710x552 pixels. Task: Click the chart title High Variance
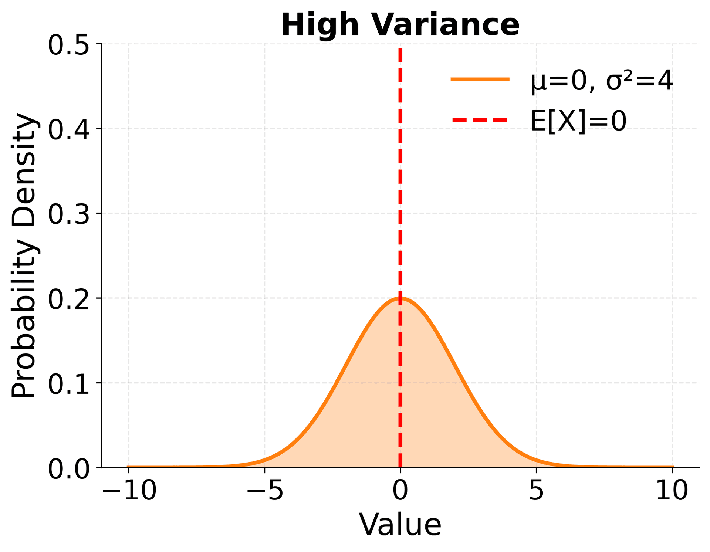pyautogui.click(x=400, y=25)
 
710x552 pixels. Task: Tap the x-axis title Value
pyautogui.click(x=400, y=525)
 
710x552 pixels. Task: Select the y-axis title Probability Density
pyautogui.click(x=24, y=255)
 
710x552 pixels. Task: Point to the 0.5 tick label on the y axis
pyautogui.click(x=69, y=45)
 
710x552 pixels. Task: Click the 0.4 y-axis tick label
pyautogui.click(x=69, y=129)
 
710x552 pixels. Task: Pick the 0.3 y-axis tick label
pyautogui.click(x=69, y=214)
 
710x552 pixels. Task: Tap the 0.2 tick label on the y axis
pyautogui.click(x=69, y=299)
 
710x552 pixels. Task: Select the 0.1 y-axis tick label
pyautogui.click(x=69, y=383)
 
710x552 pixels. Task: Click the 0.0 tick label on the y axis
pyautogui.click(x=69, y=468)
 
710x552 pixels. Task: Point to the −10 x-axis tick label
pyautogui.click(x=129, y=491)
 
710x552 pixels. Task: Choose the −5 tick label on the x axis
pyautogui.click(x=264, y=491)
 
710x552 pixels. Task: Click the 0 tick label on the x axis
pyautogui.click(x=400, y=491)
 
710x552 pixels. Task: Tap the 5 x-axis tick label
pyautogui.click(x=536, y=491)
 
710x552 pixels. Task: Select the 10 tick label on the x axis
pyautogui.click(x=672, y=491)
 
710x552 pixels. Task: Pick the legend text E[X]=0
pyautogui.click(x=578, y=121)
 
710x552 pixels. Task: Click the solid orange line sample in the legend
pyautogui.click(x=480, y=79)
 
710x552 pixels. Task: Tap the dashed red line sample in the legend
pyautogui.click(x=480, y=120)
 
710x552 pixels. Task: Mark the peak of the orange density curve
pyautogui.click(x=400, y=298)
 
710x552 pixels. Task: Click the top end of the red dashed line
pyautogui.click(x=400, y=49)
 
